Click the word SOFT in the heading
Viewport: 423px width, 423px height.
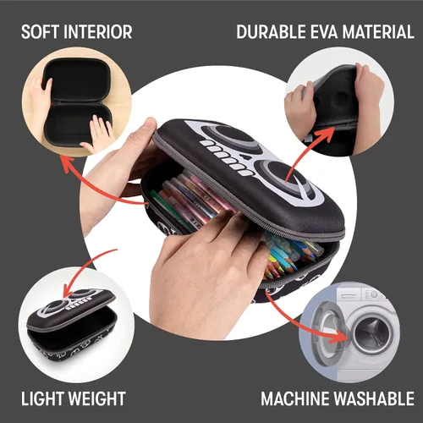[x=40, y=31]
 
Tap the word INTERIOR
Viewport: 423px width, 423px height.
[x=98, y=31]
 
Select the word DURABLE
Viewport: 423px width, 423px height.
[x=271, y=31]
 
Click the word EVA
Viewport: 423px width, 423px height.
[x=324, y=31]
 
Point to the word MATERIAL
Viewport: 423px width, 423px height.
[x=378, y=31]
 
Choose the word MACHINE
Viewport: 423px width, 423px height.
[x=295, y=398]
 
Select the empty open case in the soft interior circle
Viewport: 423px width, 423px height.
[x=77, y=103]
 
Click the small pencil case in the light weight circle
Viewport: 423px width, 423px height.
[x=70, y=324]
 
